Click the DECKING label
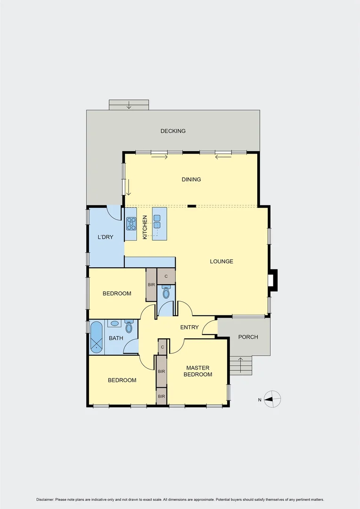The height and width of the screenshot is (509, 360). (x=173, y=131)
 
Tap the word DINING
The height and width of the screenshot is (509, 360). (x=191, y=180)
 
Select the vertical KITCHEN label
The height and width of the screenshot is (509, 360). (x=145, y=227)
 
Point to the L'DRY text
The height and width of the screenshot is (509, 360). (x=105, y=237)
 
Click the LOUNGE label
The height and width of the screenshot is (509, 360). (x=221, y=262)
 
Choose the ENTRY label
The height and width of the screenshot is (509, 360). (x=189, y=328)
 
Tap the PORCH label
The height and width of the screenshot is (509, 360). (x=248, y=337)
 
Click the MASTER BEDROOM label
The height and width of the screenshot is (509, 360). (x=199, y=371)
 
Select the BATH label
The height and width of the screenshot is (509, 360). (x=116, y=338)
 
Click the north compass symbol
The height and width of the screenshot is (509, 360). (x=272, y=400)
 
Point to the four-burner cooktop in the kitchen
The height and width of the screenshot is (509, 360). (x=131, y=223)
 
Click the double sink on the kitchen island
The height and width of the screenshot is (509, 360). (x=157, y=222)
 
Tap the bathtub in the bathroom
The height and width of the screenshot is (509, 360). (x=97, y=337)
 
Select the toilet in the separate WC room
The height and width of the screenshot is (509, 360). (x=166, y=293)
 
